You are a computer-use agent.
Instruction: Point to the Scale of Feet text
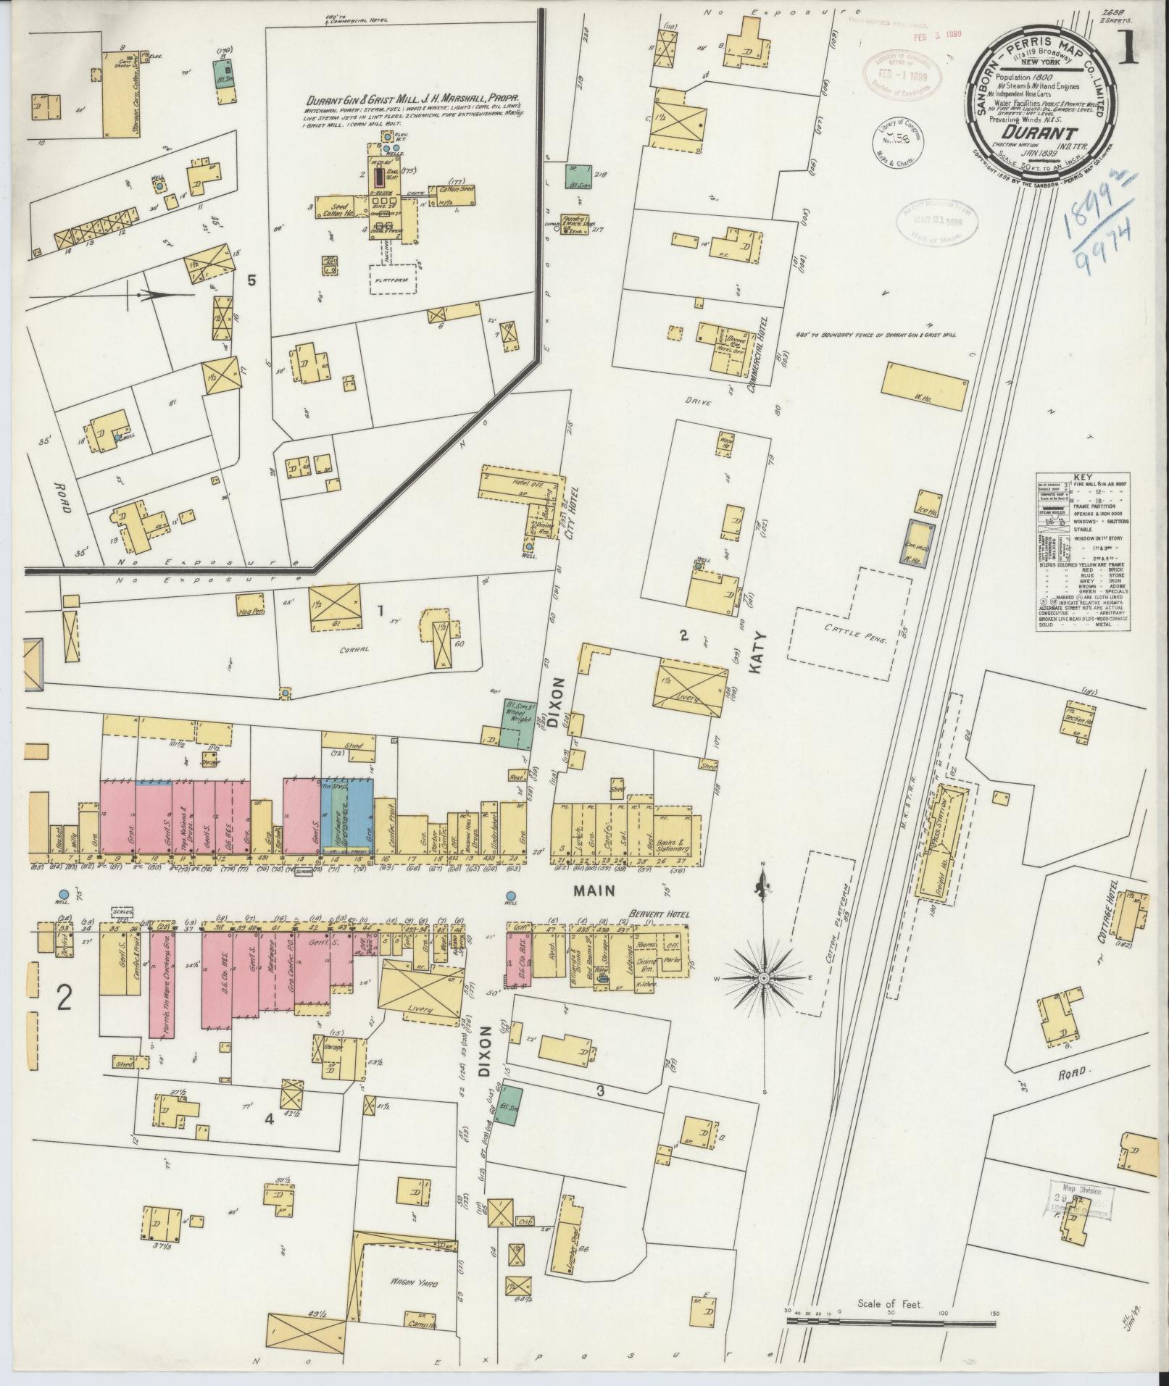889,1284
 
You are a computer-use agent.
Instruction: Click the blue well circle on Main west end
65,895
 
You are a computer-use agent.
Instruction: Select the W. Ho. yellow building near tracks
923,388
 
